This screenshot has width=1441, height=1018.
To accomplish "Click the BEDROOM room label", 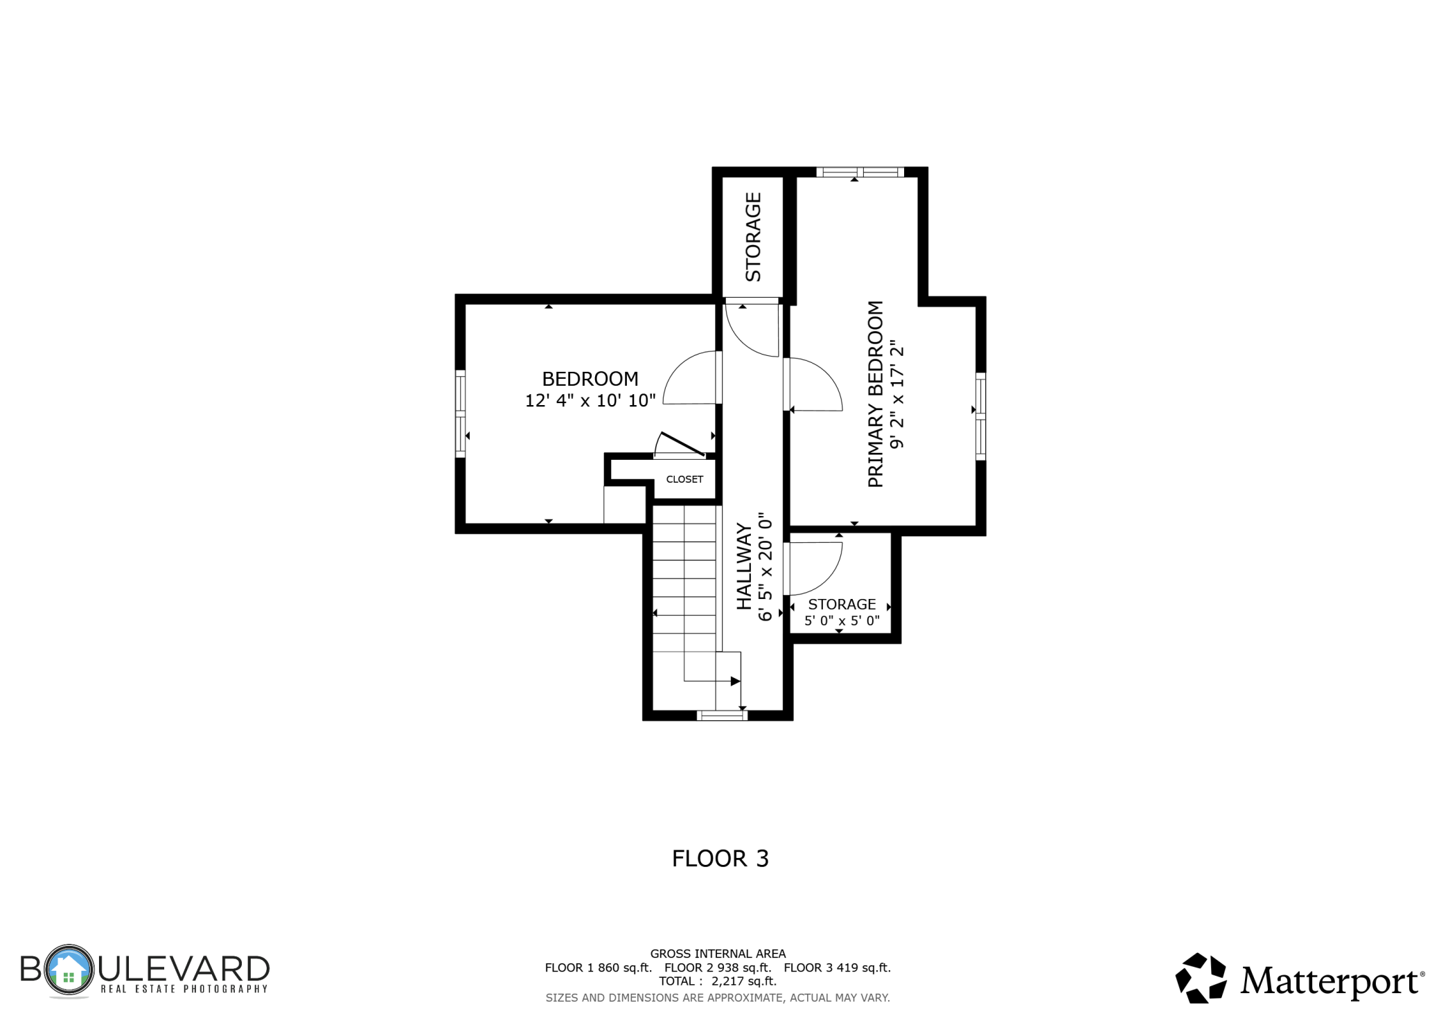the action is (x=590, y=379).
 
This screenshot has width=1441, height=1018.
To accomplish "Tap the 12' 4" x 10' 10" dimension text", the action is (x=590, y=400).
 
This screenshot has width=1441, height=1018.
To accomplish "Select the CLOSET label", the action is (x=684, y=479).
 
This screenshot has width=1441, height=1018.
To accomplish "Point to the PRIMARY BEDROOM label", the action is (x=876, y=394).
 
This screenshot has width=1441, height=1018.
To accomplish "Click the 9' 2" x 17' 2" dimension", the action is (x=898, y=394).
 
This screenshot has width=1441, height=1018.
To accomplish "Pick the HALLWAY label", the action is (x=744, y=566).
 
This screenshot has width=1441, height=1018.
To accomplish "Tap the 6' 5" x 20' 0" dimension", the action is (x=765, y=566).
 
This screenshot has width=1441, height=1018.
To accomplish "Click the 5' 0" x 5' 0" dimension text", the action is (x=842, y=620).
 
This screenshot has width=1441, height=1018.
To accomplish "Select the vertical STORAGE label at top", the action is (x=753, y=237).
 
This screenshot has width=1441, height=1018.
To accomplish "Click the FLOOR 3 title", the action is (x=720, y=859).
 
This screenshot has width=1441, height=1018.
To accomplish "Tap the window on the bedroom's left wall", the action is (x=460, y=413).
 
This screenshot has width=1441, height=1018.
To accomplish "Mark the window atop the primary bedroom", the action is (x=860, y=172).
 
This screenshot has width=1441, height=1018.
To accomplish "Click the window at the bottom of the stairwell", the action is (x=722, y=715).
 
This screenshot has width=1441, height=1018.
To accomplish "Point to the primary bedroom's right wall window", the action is (x=981, y=416).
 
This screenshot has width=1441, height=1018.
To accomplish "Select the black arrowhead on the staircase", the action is (x=736, y=681).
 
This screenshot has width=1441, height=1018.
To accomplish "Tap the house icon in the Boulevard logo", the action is (x=68, y=970).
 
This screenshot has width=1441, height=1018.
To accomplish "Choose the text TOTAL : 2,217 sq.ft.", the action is (x=718, y=981).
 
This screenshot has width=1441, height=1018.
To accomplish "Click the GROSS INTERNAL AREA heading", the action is (x=718, y=954).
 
